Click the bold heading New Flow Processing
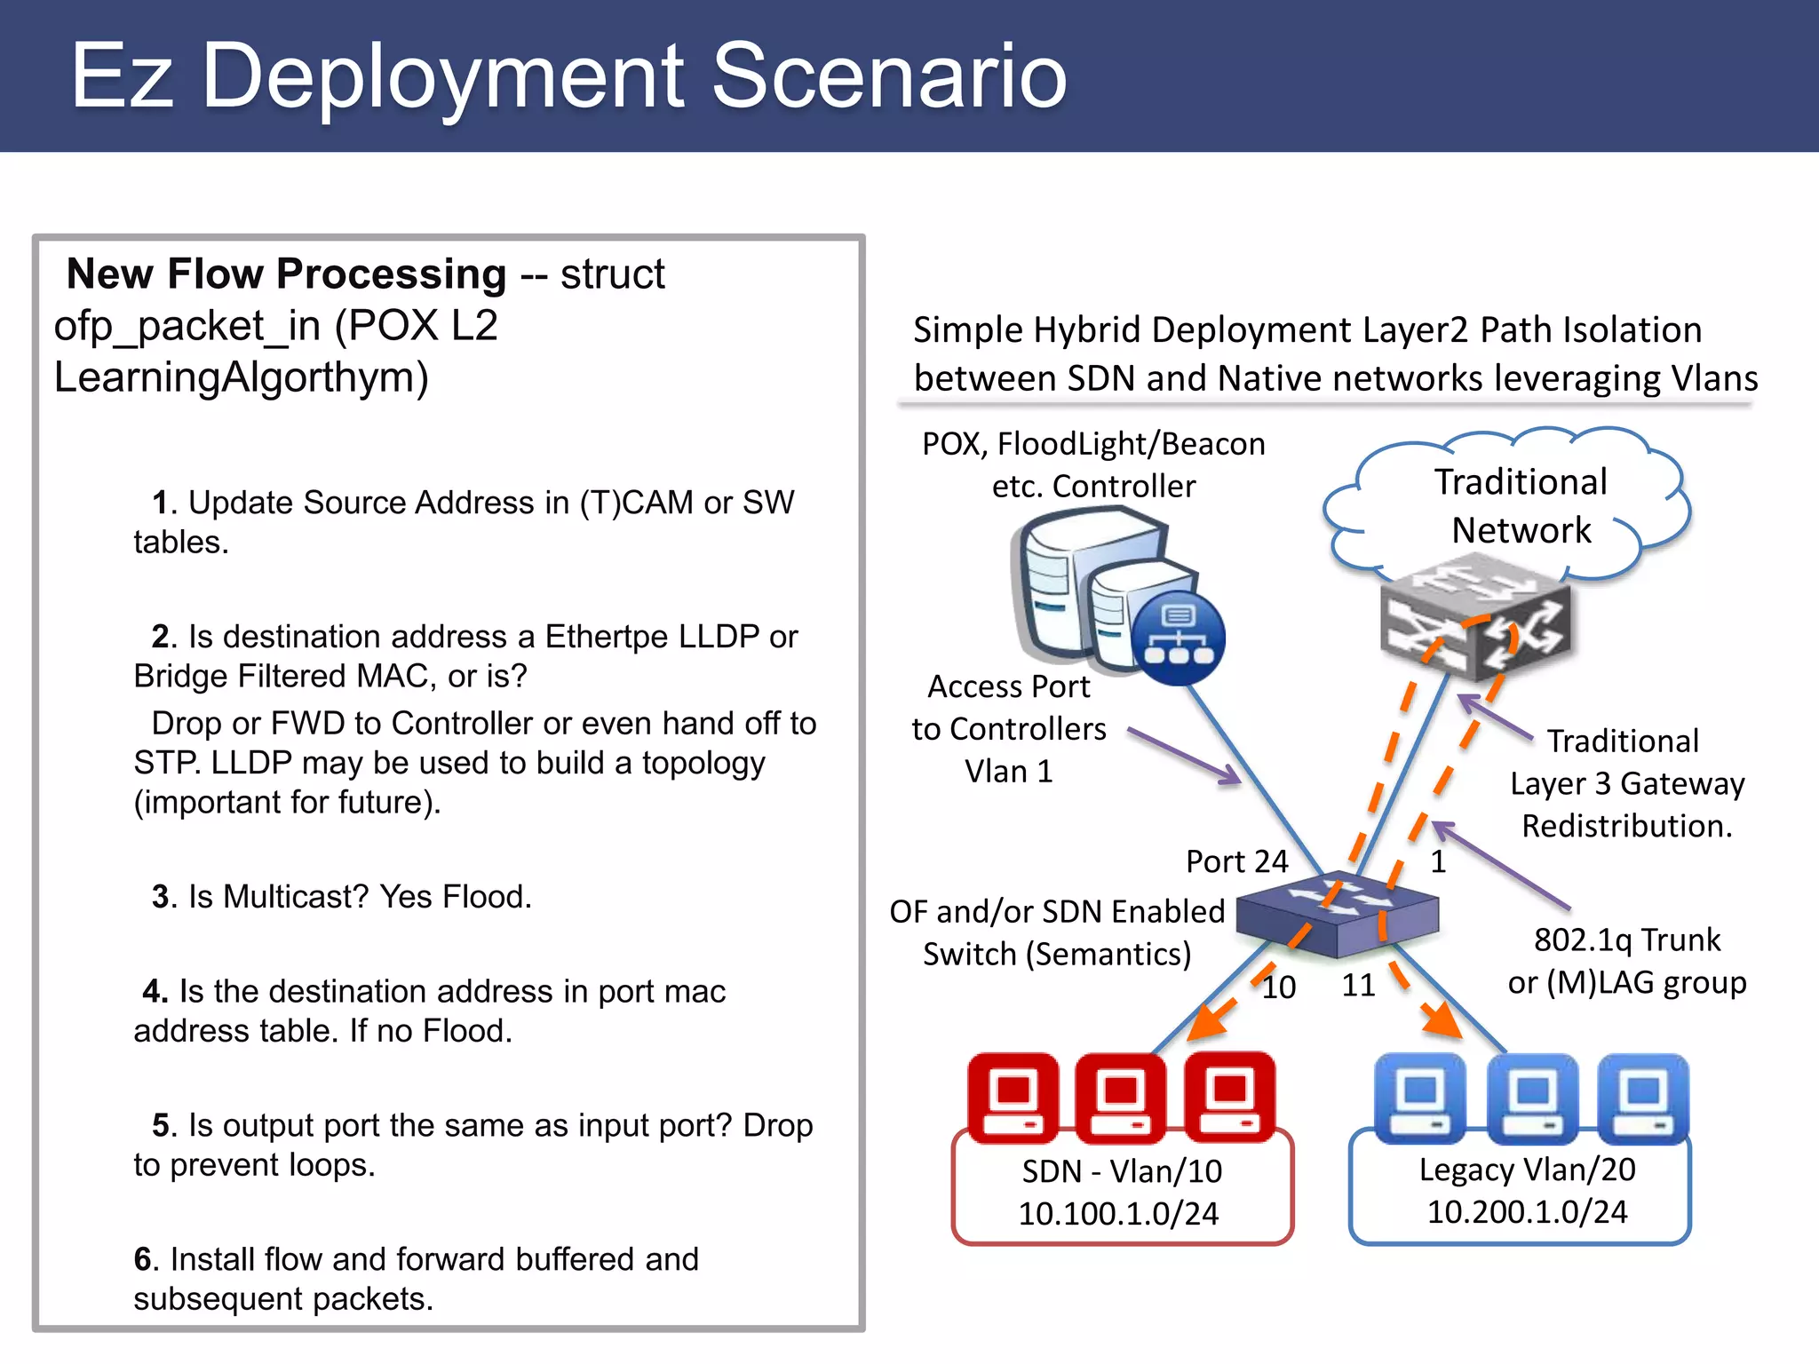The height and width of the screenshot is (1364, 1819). click(x=286, y=274)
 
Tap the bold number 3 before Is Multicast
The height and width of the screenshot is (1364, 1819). click(x=160, y=897)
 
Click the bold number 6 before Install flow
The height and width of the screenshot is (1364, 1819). click(x=143, y=1259)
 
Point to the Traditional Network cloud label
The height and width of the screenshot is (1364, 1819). click(x=1521, y=506)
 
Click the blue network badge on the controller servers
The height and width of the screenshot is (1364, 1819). click(x=1178, y=638)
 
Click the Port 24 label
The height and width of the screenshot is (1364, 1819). click(x=1236, y=861)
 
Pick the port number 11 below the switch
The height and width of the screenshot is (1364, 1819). click(x=1358, y=986)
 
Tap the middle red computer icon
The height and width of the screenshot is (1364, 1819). click(x=1121, y=1099)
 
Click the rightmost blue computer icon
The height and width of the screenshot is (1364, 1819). click(x=1643, y=1099)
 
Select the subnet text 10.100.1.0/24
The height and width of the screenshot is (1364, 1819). click(x=1118, y=1214)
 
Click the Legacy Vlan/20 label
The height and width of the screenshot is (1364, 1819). click(x=1527, y=1170)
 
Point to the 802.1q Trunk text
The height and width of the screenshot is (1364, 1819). click(x=1626, y=940)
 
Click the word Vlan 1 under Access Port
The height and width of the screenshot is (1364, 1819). click(x=1009, y=772)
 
